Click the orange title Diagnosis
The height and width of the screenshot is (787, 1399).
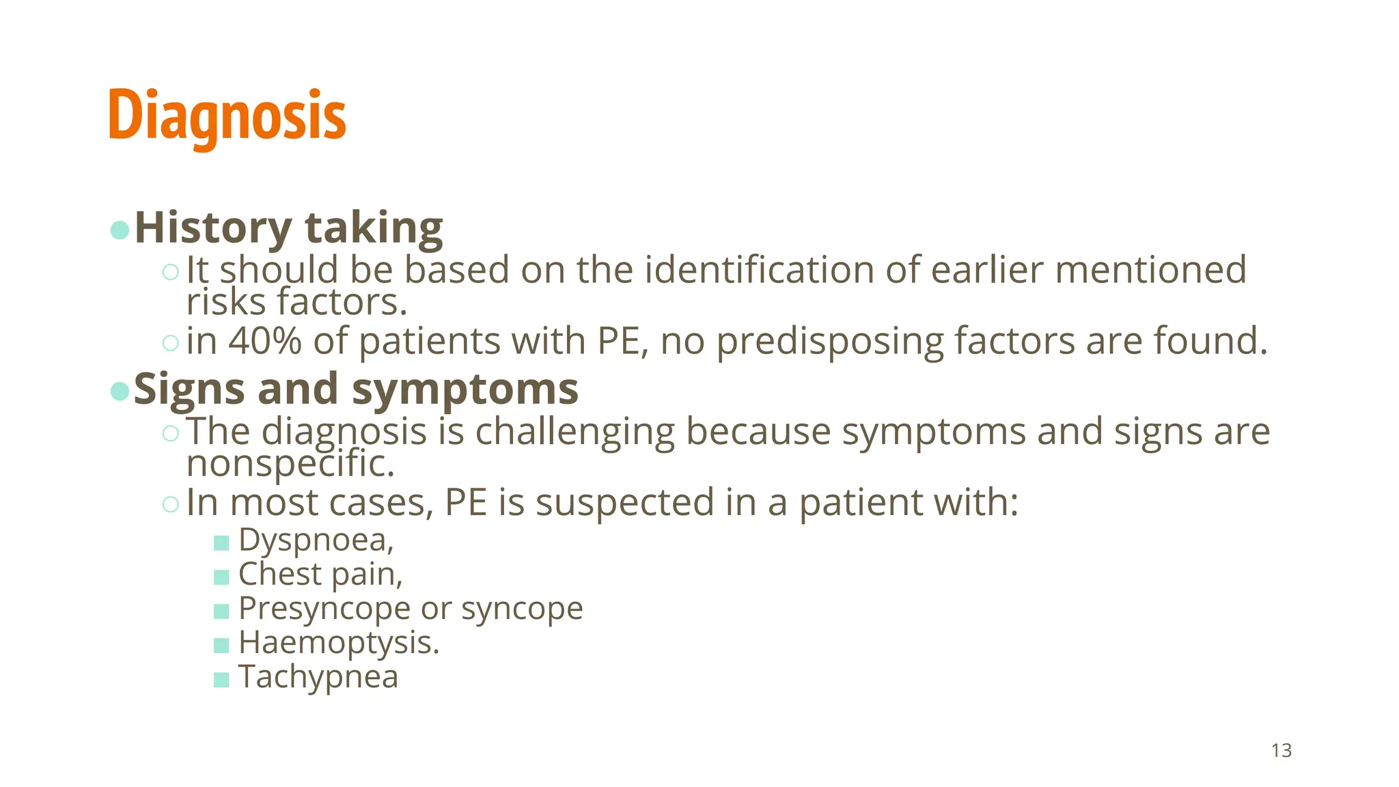pos(227,116)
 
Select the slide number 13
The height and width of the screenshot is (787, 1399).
pos(1282,750)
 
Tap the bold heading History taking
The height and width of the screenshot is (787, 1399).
pos(288,227)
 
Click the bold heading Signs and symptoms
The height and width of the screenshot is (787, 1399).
pos(356,389)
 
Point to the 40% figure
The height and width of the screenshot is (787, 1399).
pos(265,340)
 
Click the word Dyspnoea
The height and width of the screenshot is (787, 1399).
pos(315,540)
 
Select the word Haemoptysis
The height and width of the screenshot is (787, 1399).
pos(338,643)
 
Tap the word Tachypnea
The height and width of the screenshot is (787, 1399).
pos(318,677)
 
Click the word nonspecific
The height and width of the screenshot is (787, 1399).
pos(290,464)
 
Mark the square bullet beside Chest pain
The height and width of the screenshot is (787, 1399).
pos(221,577)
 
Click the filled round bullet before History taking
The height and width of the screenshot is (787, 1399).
pos(120,230)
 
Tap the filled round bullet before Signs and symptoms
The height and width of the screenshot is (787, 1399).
pos(120,391)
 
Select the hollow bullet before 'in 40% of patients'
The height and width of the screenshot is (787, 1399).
pos(171,342)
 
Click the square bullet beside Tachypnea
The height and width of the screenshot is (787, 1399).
pos(221,680)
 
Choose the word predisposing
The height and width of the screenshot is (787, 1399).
pos(830,342)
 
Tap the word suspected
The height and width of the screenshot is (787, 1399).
pos(624,503)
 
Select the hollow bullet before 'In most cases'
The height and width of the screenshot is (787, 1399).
pos(171,504)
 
